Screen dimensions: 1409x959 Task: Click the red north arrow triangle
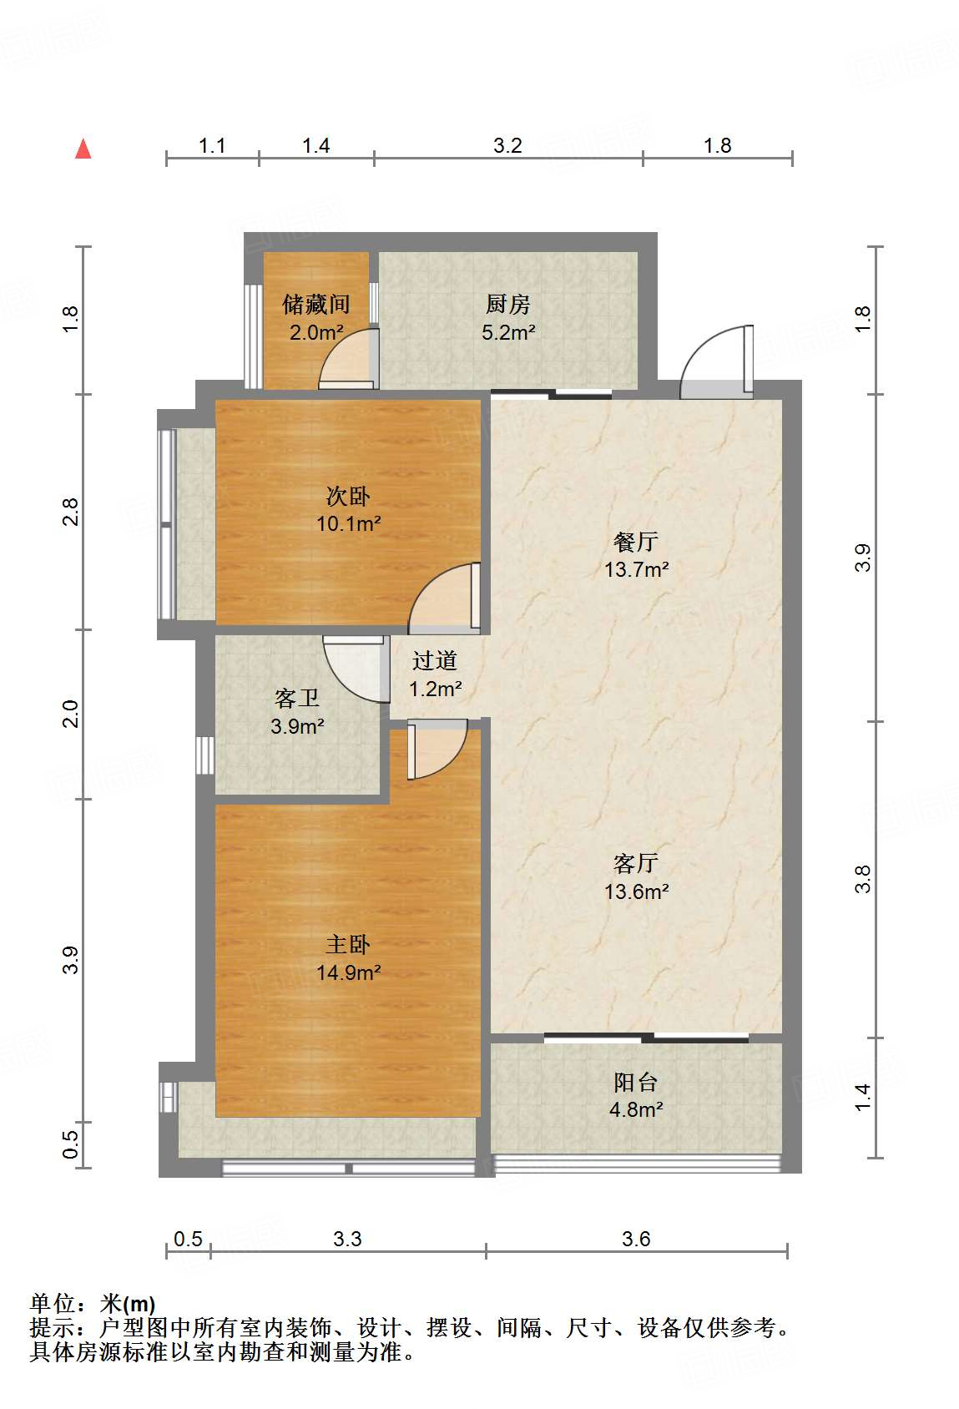(x=83, y=149)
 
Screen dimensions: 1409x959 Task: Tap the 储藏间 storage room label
(x=315, y=304)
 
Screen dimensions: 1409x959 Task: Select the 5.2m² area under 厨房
(x=507, y=332)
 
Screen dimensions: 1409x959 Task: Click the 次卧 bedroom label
(x=348, y=496)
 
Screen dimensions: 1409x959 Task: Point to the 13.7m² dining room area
(x=636, y=570)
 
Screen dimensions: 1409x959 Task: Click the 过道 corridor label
(x=435, y=661)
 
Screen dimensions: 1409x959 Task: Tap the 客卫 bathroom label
(x=297, y=698)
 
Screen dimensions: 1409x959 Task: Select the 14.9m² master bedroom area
(x=348, y=972)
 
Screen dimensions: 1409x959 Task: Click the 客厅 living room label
(x=636, y=863)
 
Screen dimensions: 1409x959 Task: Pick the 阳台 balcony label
(x=636, y=1083)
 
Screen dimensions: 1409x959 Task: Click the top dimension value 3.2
(x=507, y=145)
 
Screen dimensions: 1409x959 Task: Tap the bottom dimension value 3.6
(x=636, y=1239)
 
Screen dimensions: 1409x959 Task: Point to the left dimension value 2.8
(x=71, y=511)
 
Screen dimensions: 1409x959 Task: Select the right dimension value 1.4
(x=863, y=1096)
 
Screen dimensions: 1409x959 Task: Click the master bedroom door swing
(x=436, y=751)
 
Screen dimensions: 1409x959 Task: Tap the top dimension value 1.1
(x=212, y=145)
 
